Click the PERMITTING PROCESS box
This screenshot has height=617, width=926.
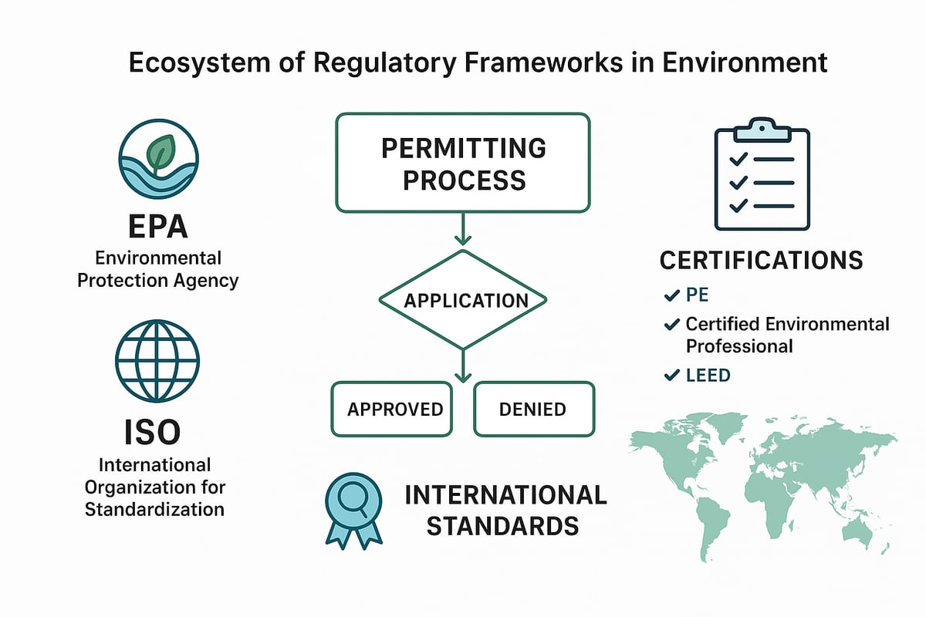coord(462,163)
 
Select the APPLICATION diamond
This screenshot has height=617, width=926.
coord(462,300)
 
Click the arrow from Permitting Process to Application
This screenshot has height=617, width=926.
coord(462,230)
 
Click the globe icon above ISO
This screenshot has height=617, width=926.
coord(157,361)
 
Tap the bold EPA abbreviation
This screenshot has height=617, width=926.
coord(157,229)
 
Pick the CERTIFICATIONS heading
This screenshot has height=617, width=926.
coord(761,260)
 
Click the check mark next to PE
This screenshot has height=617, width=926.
coord(671,295)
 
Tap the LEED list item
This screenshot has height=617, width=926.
coord(708,376)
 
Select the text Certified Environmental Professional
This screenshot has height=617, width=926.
coord(787,335)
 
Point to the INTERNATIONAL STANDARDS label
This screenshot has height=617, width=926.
coord(505,510)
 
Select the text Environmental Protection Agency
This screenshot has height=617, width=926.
coord(157,268)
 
